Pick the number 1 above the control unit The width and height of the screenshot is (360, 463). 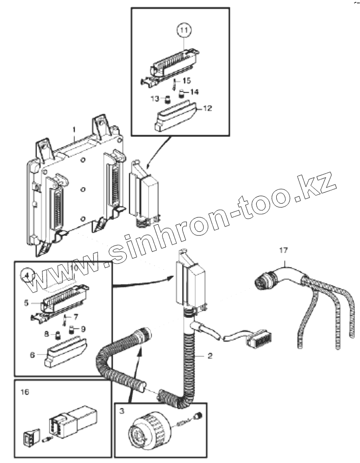[x=74, y=129]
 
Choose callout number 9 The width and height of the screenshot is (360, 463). [x=83, y=328]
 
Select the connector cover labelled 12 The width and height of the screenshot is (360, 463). [x=176, y=117]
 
